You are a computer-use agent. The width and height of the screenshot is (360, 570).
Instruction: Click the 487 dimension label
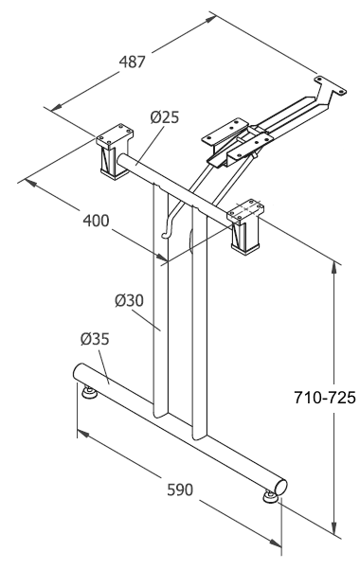(133, 62)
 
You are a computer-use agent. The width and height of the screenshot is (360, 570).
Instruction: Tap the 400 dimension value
(96, 221)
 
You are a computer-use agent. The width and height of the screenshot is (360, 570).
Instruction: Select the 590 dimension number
(180, 490)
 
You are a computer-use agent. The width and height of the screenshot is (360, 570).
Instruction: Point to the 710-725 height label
(324, 398)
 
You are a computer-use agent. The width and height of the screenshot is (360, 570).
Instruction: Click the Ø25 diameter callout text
(165, 117)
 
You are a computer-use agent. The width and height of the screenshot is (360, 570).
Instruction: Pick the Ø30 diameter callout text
(129, 300)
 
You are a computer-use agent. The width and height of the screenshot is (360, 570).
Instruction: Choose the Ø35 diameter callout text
(95, 339)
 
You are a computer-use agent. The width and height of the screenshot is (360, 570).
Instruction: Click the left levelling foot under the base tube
(89, 392)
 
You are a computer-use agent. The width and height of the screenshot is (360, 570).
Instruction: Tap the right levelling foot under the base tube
(270, 497)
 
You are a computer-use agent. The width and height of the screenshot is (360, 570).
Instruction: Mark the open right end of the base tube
(281, 487)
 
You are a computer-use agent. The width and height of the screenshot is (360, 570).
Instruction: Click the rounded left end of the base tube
(79, 372)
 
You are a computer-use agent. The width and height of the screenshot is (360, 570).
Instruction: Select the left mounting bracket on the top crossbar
(115, 151)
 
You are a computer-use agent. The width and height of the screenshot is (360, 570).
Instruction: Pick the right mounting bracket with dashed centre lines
(245, 225)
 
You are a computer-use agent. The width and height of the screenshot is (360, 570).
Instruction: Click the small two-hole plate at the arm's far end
(331, 85)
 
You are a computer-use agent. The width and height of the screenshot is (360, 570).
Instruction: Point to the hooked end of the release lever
(166, 236)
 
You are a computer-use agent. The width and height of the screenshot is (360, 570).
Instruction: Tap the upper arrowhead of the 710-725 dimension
(333, 267)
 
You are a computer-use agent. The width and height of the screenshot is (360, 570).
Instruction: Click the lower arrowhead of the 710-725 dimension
(333, 527)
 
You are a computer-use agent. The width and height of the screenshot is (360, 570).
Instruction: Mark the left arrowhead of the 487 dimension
(56, 107)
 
